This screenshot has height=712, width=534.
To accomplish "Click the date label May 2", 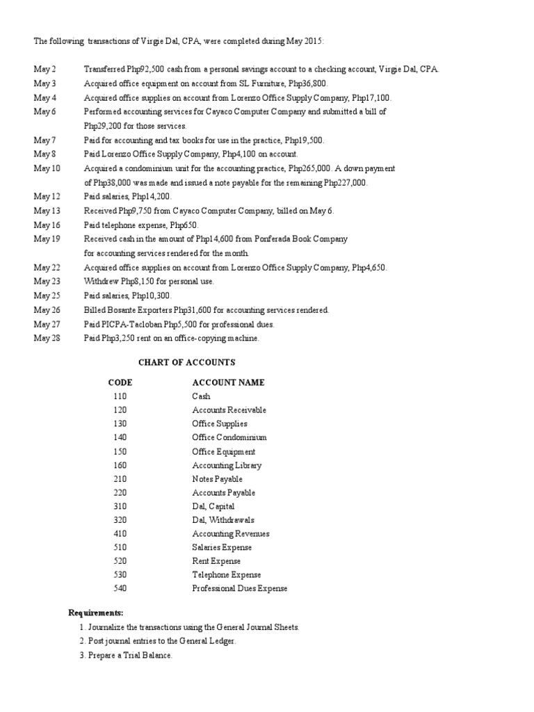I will pyautogui.click(x=45, y=70).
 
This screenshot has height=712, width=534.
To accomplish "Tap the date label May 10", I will pyautogui.click(x=47, y=168).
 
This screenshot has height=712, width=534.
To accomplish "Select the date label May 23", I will pyautogui.click(x=47, y=282).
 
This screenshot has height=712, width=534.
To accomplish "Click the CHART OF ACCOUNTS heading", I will pyautogui.click(x=186, y=362).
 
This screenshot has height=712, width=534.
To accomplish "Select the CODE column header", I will pyautogui.click(x=120, y=382).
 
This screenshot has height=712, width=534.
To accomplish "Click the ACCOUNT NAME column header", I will pyautogui.click(x=228, y=382).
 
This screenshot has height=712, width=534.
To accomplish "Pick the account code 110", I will pyautogui.click(x=120, y=396).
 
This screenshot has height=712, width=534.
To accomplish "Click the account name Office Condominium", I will pyautogui.click(x=229, y=437).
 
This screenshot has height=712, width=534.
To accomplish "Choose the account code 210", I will pyautogui.click(x=120, y=479).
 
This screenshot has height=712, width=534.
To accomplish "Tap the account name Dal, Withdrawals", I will pyautogui.click(x=223, y=520).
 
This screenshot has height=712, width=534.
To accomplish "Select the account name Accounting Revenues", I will pyautogui.click(x=230, y=534).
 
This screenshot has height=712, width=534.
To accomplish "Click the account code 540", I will pyautogui.click(x=120, y=589).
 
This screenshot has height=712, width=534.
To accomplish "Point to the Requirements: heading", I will pyautogui.click(x=95, y=613).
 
